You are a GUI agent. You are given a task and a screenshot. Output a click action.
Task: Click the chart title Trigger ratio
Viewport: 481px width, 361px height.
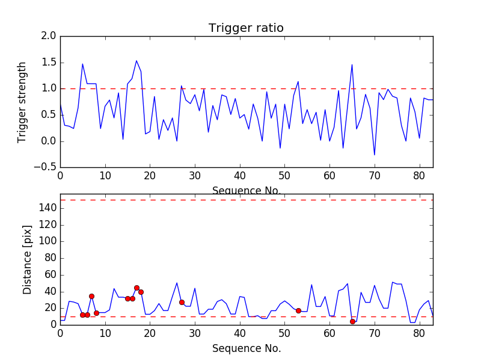[246, 28]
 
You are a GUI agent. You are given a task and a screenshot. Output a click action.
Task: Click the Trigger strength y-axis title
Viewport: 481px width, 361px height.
[22, 102]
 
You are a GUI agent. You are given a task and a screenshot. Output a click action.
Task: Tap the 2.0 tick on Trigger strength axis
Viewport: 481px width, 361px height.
[49, 36]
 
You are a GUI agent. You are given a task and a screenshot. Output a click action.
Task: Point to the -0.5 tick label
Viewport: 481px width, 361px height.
[46, 167]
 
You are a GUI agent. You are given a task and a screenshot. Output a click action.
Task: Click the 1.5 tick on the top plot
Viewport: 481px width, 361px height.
[49, 63]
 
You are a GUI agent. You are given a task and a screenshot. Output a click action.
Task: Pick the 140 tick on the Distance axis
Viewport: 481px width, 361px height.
[48, 208]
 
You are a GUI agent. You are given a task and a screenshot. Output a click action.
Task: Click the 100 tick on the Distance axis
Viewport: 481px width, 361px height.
[48, 241]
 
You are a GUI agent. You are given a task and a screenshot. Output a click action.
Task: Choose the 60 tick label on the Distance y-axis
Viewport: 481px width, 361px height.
[51, 274]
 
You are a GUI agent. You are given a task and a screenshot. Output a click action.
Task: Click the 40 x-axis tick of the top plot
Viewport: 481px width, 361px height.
[240, 176]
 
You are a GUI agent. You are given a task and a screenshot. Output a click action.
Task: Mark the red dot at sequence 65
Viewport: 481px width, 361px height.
[352, 321]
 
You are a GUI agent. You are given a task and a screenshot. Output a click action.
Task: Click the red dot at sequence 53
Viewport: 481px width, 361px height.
[298, 310]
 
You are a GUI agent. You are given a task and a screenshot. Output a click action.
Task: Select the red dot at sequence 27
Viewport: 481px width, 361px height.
[182, 302]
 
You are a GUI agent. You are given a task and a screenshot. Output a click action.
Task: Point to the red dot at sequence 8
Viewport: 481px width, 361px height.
[96, 313]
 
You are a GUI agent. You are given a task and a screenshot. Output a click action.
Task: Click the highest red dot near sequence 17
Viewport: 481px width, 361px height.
[136, 288]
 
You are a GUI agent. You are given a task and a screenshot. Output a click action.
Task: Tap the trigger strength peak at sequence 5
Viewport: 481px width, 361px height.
[82, 64]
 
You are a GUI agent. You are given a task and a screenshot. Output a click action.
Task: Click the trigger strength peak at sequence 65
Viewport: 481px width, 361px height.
[352, 64]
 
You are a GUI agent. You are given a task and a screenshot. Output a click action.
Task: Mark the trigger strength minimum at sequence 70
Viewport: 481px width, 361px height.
[375, 155]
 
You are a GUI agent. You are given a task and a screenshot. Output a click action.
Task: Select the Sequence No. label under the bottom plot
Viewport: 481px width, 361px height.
[246, 348]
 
